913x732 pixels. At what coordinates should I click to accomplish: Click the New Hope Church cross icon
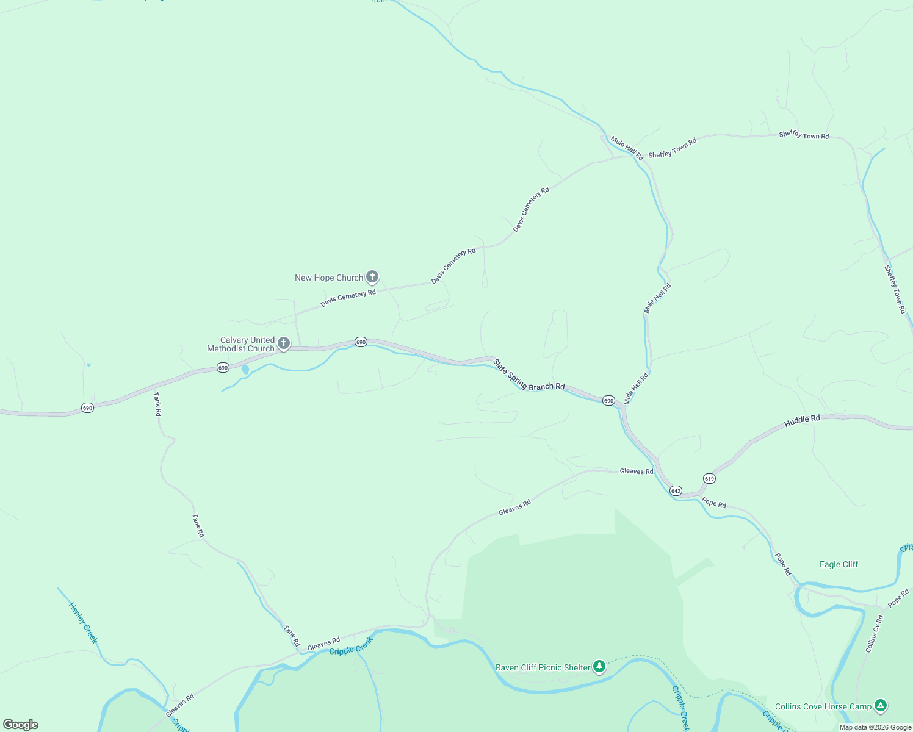(x=372, y=278)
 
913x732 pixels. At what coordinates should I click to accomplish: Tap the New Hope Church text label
(x=329, y=278)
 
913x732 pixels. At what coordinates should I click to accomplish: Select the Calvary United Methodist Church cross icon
(x=284, y=343)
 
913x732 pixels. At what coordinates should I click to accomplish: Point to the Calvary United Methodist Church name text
(x=241, y=345)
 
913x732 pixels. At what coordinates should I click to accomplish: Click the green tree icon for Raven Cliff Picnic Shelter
(x=600, y=667)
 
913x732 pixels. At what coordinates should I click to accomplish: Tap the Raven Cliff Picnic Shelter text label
(x=543, y=668)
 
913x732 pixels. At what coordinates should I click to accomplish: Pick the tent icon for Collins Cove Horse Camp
(x=881, y=706)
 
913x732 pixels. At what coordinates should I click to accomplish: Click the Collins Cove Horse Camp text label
(x=823, y=707)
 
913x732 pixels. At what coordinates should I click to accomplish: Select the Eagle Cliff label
(x=839, y=565)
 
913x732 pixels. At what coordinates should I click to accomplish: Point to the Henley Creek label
(x=83, y=623)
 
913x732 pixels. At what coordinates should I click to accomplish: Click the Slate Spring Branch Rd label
(x=529, y=375)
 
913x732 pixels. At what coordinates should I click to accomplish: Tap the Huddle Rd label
(x=802, y=420)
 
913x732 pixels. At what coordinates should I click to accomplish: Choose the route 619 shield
(x=709, y=479)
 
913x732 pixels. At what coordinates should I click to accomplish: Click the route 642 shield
(x=676, y=491)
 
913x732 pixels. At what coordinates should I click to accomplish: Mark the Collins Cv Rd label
(x=875, y=634)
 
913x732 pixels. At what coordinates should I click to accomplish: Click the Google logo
(x=21, y=725)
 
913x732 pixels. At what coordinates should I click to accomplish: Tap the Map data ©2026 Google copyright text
(x=875, y=727)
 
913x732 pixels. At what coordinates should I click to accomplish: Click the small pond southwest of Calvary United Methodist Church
(x=245, y=370)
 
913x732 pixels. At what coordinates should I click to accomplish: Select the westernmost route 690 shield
(x=87, y=408)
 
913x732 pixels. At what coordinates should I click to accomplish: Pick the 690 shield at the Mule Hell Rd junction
(x=608, y=401)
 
